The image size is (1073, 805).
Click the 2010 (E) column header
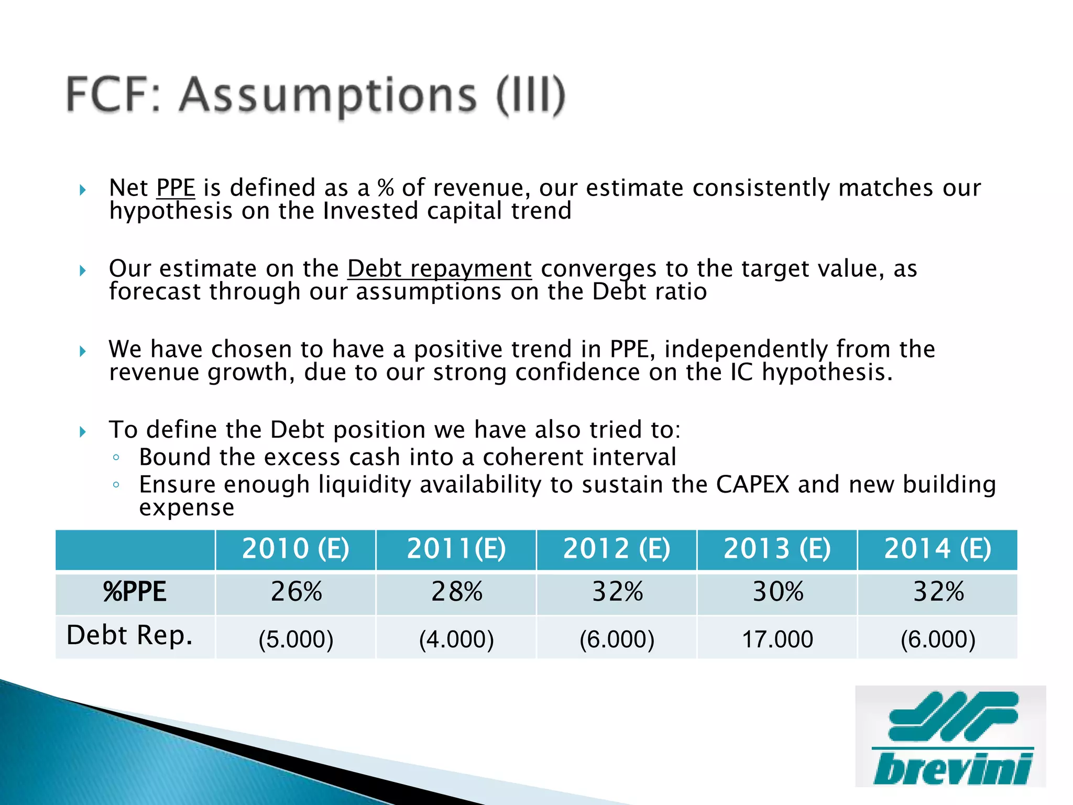point(295,549)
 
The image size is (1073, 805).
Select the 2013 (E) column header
point(777,549)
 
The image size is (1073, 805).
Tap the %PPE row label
point(135,592)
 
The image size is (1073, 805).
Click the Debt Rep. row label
point(129,635)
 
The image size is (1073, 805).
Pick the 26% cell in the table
point(296,592)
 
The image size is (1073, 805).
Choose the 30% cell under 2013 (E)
point(778,592)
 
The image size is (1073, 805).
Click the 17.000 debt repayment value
point(778,639)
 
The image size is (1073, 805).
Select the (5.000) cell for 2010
point(296,639)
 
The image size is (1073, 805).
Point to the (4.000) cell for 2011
point(456,639)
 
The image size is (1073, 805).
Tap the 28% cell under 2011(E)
point(456,592)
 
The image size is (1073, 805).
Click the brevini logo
point(950,736)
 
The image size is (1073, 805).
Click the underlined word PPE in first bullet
point(176,188)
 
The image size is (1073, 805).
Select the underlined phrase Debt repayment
point(440,269)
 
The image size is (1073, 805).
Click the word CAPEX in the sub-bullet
point(752,485)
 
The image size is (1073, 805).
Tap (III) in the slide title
point(531,95)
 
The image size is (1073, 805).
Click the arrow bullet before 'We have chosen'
point(83,351)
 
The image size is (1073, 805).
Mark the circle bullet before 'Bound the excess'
point(116,458)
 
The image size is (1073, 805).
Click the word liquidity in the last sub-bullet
point(365,485)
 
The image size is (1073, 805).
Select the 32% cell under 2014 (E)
point(938,592)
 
